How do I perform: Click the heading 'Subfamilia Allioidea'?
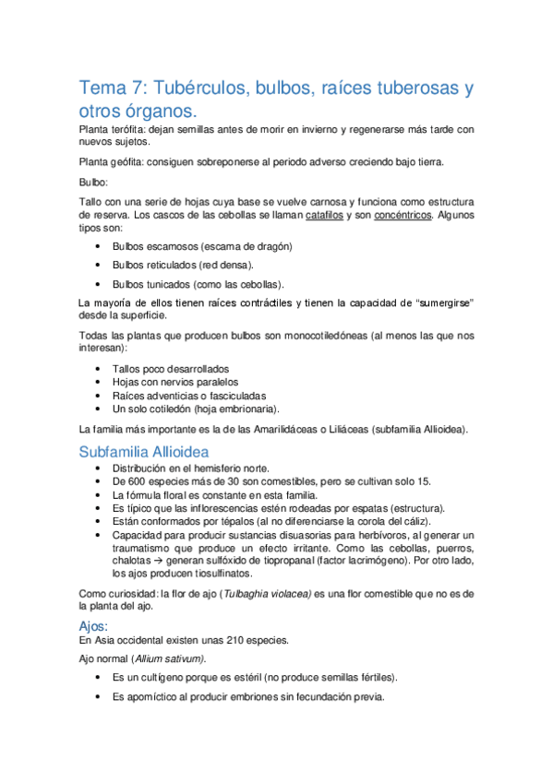pyautogui.click(x=142, y=452)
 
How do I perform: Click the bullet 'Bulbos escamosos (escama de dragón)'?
pyautogui.click(x=202, y=246)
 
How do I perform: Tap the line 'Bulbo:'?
pyautogui.click(x=93, y=182)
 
